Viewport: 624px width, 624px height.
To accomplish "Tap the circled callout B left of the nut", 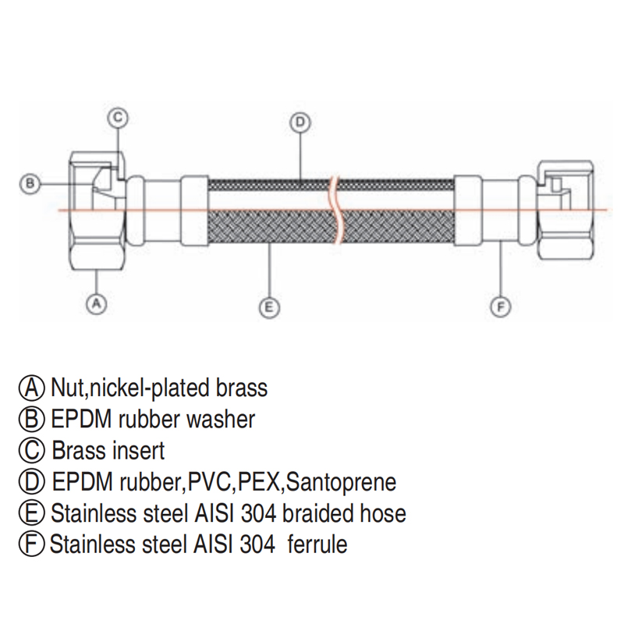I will (x=29, y=184).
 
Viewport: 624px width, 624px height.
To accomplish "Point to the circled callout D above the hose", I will (x=300, y=122).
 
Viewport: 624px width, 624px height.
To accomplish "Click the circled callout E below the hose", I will (x=268, y=308).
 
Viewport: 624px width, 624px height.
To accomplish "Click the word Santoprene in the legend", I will (x=341, y=482).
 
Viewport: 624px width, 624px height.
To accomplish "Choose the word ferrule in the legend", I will (x=317, y=544).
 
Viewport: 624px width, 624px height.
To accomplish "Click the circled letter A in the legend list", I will (x=33, y=387).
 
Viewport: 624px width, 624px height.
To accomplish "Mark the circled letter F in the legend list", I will (x=33, y=544).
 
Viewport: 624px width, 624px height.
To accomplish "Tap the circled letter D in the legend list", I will (x=33, y=482).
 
